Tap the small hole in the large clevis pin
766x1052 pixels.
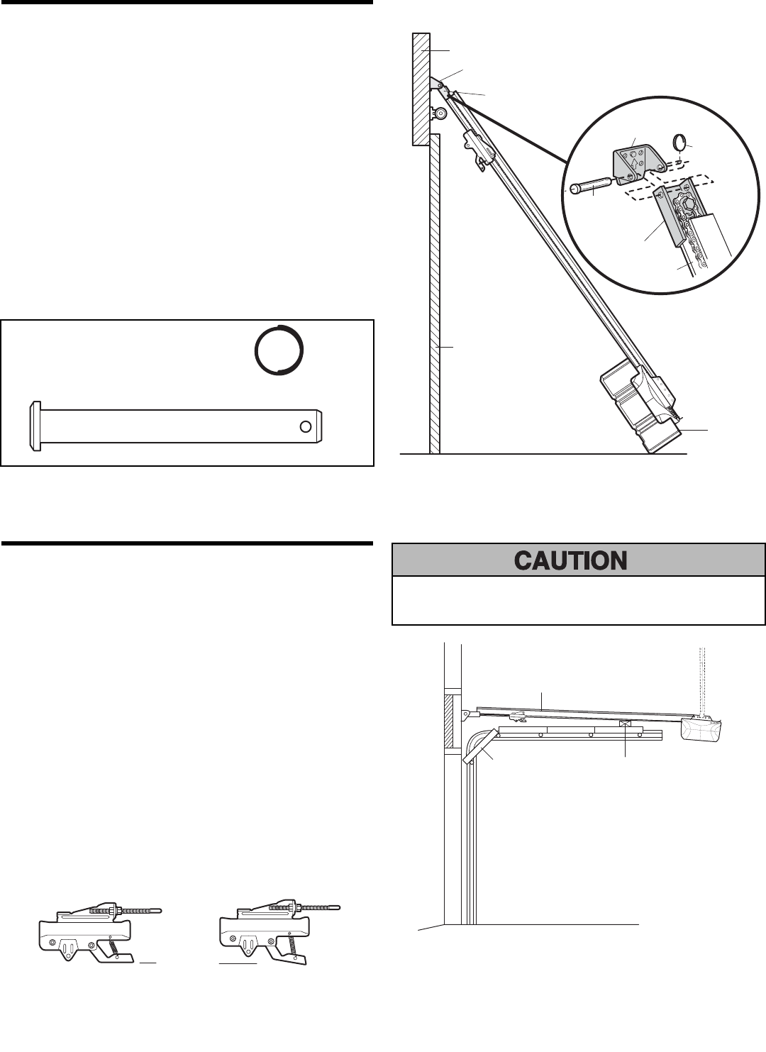pyautogui.click(x=305, y=426)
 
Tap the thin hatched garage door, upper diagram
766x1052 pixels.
pyautogui.click(x=435, y=298)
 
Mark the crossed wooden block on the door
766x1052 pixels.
pyautogui.click(x=625, y=725)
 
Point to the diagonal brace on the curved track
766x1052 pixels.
pyautogui.click(x=479, y=748)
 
